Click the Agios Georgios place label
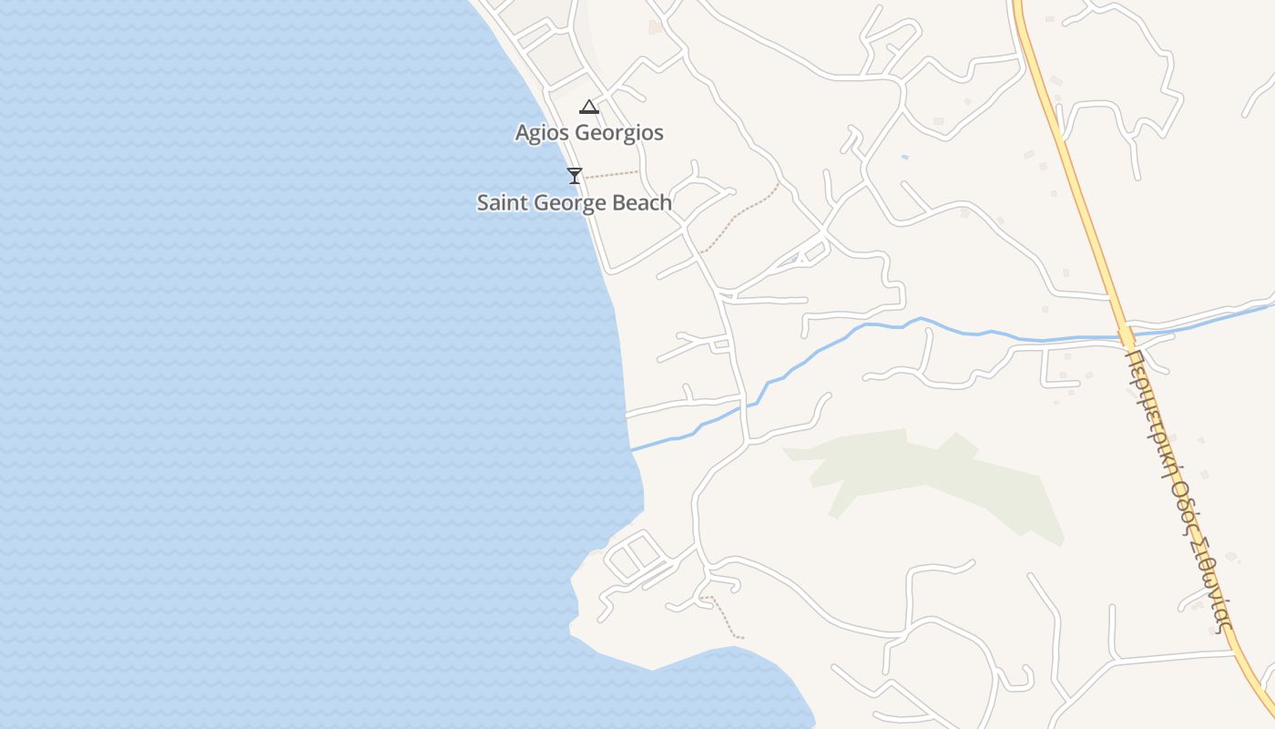click(589, 133)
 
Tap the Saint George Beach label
click(574, 202)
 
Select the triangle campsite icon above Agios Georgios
click(589, 107)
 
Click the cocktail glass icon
click(574, 175)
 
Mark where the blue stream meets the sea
click(631, 449)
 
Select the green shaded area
click(920, 474)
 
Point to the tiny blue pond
click(904, 157)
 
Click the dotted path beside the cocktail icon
click(611, 173)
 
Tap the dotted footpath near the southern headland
click(726, 617)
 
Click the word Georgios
click(617, 133)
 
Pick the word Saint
click(503, 202)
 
